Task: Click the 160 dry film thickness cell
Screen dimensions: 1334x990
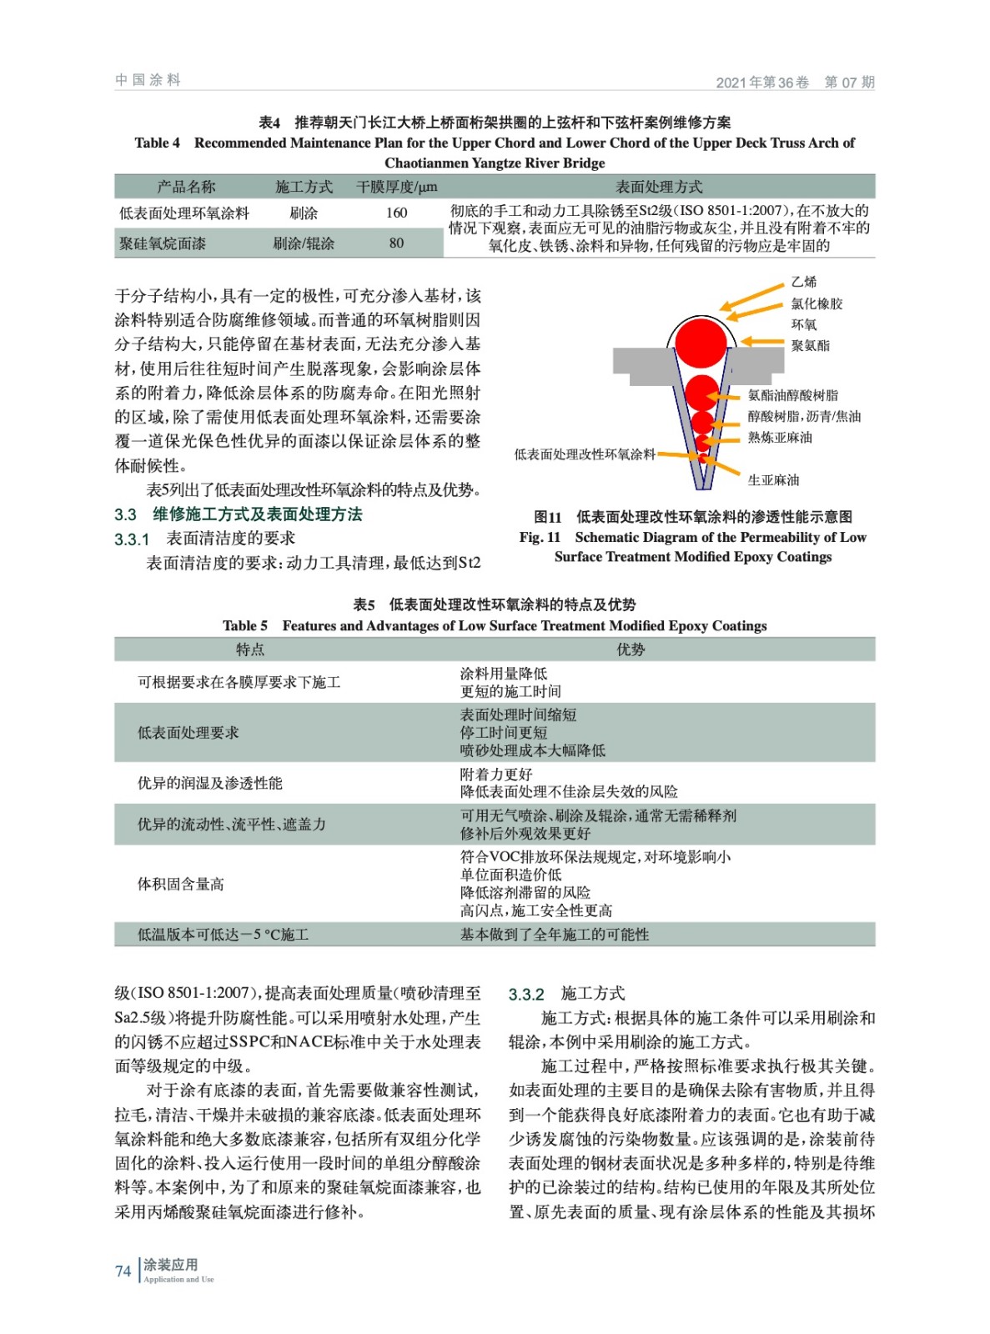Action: pyautogui.click(x=396, y=213)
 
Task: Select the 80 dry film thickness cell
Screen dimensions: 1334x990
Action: pyautogui.click(x=396, y=243)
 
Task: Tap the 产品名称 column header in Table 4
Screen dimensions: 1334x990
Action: pyautogui.click(x=186, y=187)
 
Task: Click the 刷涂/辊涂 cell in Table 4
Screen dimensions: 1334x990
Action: pyautogui.click(x=304, y=243)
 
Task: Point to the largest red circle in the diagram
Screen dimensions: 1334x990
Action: pyautogui.click(x=701, y=343)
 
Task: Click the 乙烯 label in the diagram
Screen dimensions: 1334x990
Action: pyautogui.click(x=804, y=283)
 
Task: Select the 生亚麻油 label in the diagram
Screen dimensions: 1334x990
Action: pyautogui.click(x=773, y=480)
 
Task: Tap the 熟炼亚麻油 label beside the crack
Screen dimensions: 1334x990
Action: pyautogui.click(x=780, y=438)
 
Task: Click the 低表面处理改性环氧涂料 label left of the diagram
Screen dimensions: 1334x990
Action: pyautogui.click(x=585, y=454)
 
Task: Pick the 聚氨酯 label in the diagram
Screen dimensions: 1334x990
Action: pyautogui.click(x=810, y=345)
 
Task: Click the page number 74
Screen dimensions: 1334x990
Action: pyautogui.click(x=123, y=1271)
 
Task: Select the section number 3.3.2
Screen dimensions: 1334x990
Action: pyautogui.click(x=526, y=994)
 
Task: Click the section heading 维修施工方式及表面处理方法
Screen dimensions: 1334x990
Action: pyautogui.click(x=257, y=514)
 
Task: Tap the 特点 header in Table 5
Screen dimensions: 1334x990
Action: pyautogui.click(x=250, y=649)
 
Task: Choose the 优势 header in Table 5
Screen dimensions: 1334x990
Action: pyautogui.click(x=631, y=649)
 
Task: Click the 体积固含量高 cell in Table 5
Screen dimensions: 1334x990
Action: pyautogui.click(x=181, y=884)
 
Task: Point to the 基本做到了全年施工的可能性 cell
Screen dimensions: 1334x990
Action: pyautogui.click(x=555, y=935)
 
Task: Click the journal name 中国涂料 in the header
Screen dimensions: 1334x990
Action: pyautogui.click(x=148, y=80)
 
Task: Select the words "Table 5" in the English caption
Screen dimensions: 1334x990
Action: pyautogui.click(x=245, y=626)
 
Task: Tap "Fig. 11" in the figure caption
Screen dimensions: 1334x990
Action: pyautogui.click(x=540, y=538)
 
